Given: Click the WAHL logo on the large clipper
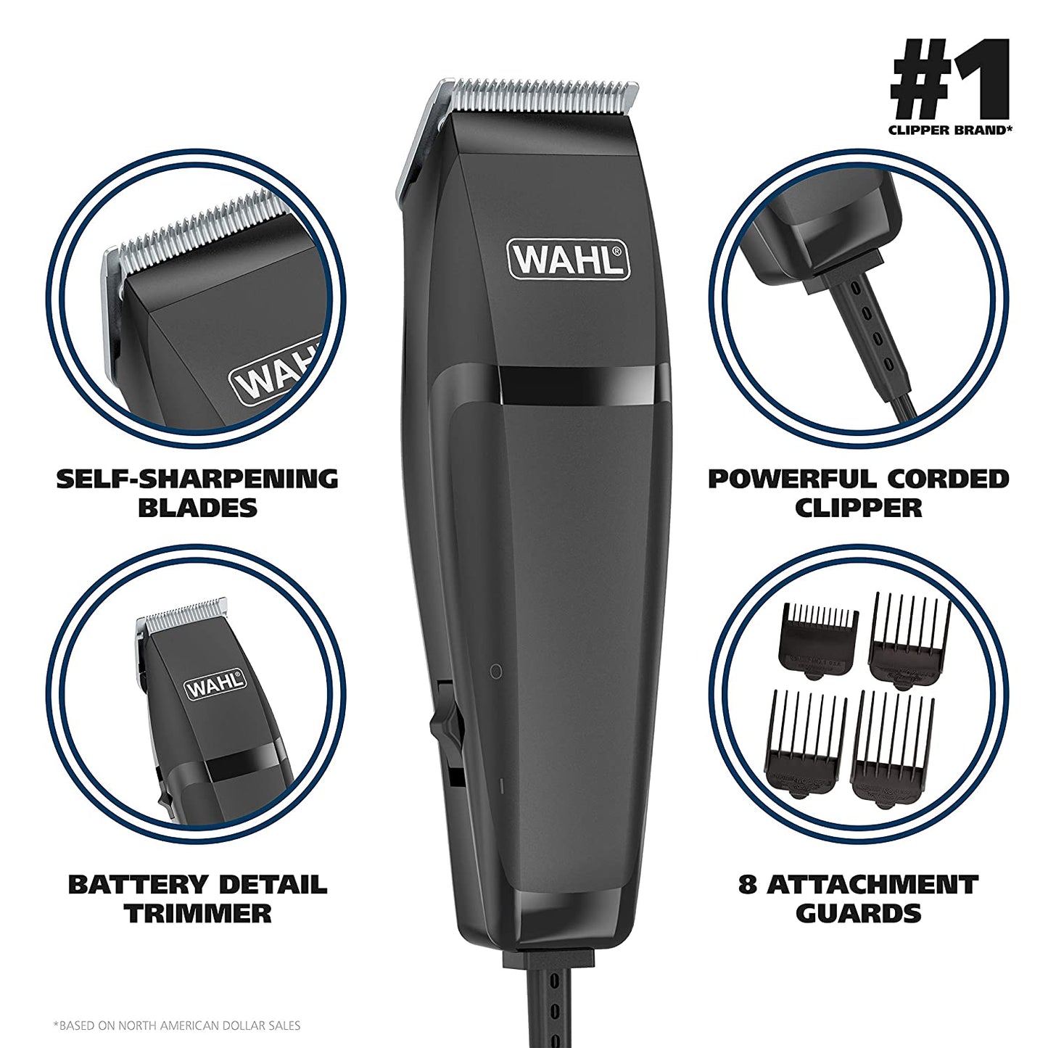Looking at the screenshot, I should (569, 260).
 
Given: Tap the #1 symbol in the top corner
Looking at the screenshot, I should (949, 79).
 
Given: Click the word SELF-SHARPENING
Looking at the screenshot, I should (197, 479).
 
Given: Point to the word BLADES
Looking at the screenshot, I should (197, 508).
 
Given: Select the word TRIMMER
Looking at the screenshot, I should (197, 913).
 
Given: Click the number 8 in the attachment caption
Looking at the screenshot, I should (748, 885).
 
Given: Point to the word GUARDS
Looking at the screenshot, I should (858, 913).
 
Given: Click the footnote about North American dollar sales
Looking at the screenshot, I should (177, 1026).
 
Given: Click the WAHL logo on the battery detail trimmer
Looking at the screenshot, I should (215, 683).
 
